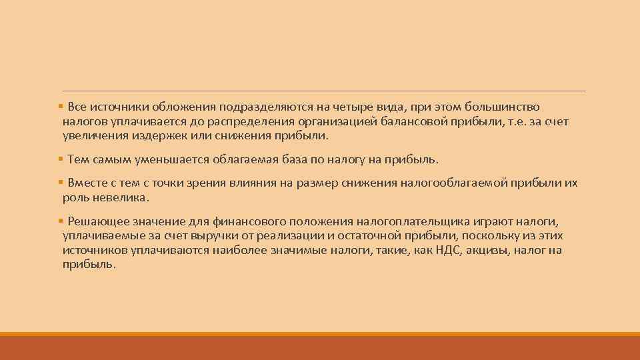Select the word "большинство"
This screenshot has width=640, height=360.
[507, 107]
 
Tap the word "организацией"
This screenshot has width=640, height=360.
[341, 121]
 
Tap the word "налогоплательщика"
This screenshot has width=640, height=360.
[374, 221]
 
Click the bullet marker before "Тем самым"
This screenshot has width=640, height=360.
[61, 159]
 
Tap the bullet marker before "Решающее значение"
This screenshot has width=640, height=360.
[61, 221]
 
